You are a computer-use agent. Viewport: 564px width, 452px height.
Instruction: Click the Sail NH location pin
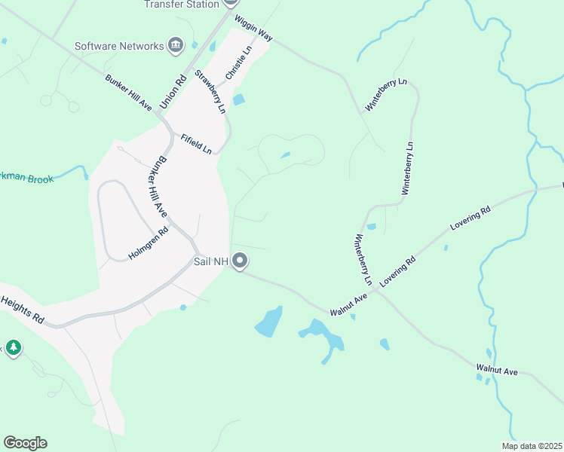click(241, 261)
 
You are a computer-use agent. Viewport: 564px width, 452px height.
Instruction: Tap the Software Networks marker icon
click(176, 46)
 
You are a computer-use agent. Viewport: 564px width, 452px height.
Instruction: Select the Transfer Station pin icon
click(230, 2)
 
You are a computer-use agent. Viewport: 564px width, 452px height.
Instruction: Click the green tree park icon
click(13, 347)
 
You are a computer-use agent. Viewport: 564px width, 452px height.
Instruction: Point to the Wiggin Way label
click(253, 29)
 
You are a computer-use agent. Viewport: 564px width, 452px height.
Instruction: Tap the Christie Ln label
click(237, 64)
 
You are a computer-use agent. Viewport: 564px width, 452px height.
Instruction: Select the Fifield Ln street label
click(196, 143)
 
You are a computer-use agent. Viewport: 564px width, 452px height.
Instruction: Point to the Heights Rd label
click(22, 309)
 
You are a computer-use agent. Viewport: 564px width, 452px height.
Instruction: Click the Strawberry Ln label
click(210, 91)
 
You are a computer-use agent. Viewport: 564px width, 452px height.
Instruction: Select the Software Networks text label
click(119, 46)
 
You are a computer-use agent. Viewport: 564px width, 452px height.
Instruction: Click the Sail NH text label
click(211, 261)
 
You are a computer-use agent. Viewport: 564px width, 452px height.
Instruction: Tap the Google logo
click(25, 443)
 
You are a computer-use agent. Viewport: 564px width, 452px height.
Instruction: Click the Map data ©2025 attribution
click(531, 446)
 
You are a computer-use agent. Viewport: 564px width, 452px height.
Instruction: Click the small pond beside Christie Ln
click(239, 99)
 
